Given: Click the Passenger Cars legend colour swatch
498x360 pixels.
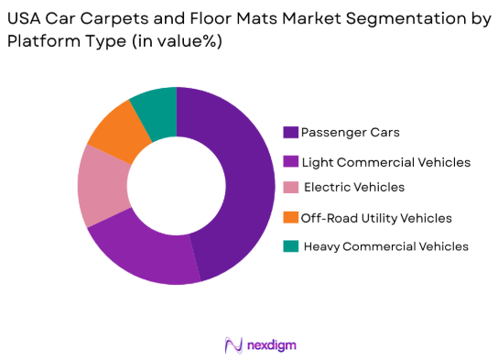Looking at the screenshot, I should [291, 133].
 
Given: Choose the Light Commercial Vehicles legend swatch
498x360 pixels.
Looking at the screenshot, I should [291, 161].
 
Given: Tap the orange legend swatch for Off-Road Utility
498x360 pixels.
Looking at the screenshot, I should [291, 218].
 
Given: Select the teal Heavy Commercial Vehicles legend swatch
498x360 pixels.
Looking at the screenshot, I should [291, 246].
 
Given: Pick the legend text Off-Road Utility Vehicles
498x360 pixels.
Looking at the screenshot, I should [376, 218].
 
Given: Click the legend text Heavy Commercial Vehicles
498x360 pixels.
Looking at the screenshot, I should [385, 246].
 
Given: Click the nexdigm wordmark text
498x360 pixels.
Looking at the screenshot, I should [272, 344].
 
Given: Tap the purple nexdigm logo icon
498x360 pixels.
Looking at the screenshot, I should [233, 344].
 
